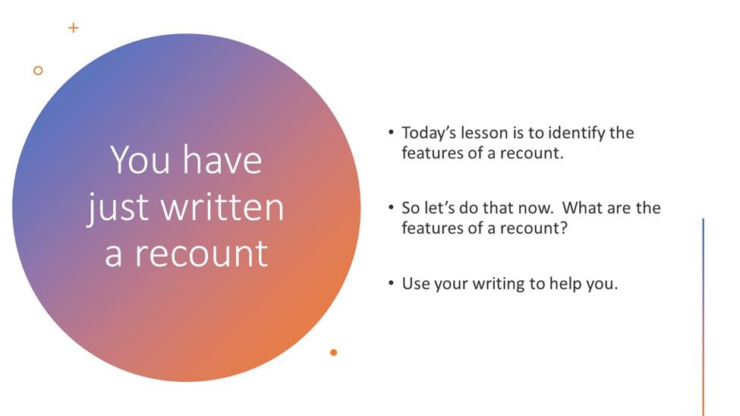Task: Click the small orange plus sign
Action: coord(73,28)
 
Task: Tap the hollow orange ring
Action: coord(38,71)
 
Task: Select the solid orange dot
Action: coord(334,352)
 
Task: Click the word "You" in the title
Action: coord(140,160)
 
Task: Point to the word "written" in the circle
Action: coord(222,207)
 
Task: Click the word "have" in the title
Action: coord(222,159)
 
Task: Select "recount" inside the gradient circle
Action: coord(202,254)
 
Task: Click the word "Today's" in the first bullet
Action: coord(429,133)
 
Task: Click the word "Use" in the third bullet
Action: coord(415,283)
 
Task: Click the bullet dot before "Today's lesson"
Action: coord(391,132)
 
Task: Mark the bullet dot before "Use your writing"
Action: coord(391,283)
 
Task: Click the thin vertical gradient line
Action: coord(703,317)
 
